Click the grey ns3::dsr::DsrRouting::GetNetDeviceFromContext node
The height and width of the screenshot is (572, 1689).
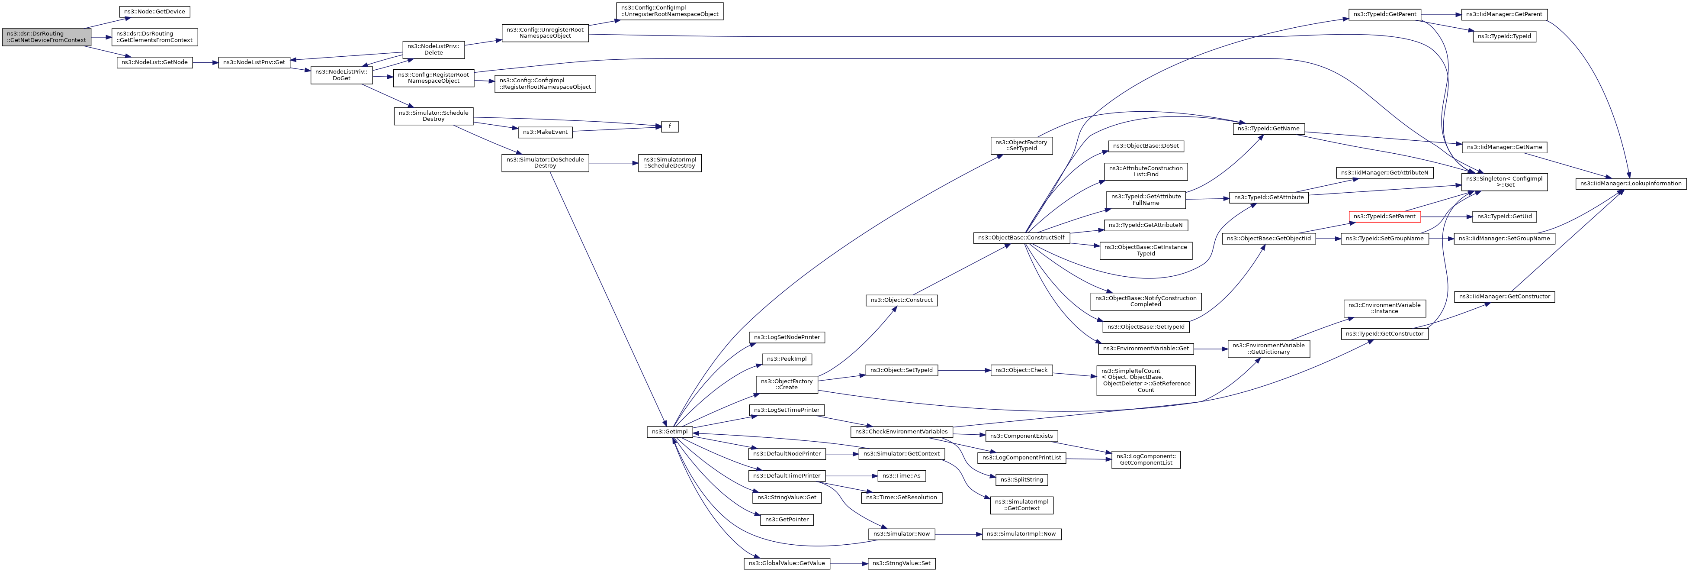[x=46, y=37]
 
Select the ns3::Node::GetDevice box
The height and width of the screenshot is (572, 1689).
[x=155, y=12]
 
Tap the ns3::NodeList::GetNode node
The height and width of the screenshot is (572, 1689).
[x=155, y=62]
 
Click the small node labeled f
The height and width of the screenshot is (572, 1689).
[x=669, y=126]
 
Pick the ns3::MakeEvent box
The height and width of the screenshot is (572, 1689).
[x=545, y=132]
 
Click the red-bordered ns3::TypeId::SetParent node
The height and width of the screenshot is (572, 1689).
[x=1384, y=217]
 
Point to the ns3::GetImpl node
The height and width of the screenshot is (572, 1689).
[x=669, y=432]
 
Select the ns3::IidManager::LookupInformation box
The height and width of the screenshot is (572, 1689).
[x=1631, y=184]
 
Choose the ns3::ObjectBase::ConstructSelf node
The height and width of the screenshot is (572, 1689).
[x=1021, y=237]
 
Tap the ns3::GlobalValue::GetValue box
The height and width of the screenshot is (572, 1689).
[x=787, y=563]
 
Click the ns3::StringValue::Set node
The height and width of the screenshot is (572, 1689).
[x=902, y=563]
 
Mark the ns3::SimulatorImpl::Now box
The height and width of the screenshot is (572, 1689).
[x=1021, y=534]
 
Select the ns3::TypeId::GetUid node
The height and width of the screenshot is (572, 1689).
[x=1504, y=217]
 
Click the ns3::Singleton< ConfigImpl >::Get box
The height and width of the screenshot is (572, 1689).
[x=1505, y=182]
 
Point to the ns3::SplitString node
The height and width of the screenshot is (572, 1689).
[x=1021, y=479]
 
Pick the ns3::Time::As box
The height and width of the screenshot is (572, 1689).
[x=902, y=475]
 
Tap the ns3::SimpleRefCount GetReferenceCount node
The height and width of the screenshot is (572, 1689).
[x=1146, y=381]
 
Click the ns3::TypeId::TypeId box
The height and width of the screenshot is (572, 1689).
[x=1504, y=36]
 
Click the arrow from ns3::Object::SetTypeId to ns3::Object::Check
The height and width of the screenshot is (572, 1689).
[x=964, y=371]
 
